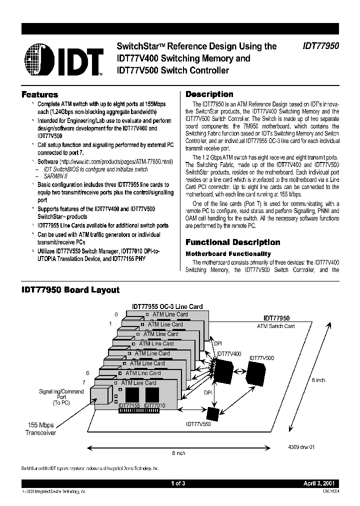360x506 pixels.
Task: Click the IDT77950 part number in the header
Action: coord(320,46)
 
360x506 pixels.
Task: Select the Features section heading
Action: coord(39,94)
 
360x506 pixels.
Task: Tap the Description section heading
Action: coord(209,94)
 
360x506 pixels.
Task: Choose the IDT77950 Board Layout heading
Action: coord(70,290)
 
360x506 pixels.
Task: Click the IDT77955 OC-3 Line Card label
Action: coord(167,306)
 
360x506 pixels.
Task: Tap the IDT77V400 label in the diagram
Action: coord(229,353)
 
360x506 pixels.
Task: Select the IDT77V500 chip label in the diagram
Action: coord(261,358)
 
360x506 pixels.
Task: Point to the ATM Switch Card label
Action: coord(276,326)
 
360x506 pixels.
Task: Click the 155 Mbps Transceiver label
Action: coord(41,429)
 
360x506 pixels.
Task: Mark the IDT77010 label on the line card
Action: coord(154,405)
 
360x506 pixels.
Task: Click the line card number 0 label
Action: coord(116,314)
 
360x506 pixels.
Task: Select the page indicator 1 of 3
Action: coord(178,483)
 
